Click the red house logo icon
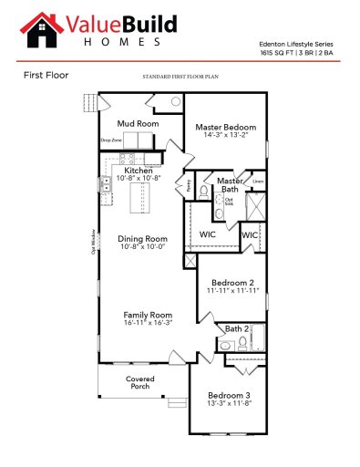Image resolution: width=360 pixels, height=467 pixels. coord(37,29)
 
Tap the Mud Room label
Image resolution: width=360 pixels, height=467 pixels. coord(139,122)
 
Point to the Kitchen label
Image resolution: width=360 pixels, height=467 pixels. coord(139,171)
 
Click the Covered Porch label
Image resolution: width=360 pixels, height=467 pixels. coord(140,382)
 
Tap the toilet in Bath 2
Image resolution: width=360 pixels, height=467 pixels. coord(242,343)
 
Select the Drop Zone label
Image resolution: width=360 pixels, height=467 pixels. coord(110,140)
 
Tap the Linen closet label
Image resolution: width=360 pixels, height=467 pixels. coord(259,182)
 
